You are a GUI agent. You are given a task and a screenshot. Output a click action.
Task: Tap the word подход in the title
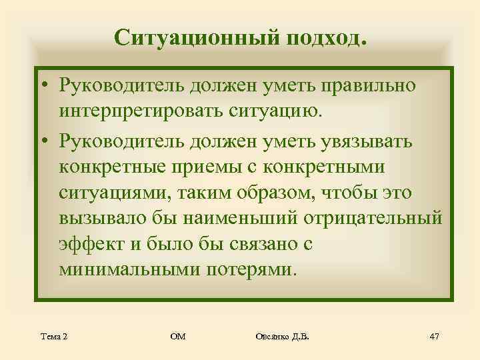[326, 37]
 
